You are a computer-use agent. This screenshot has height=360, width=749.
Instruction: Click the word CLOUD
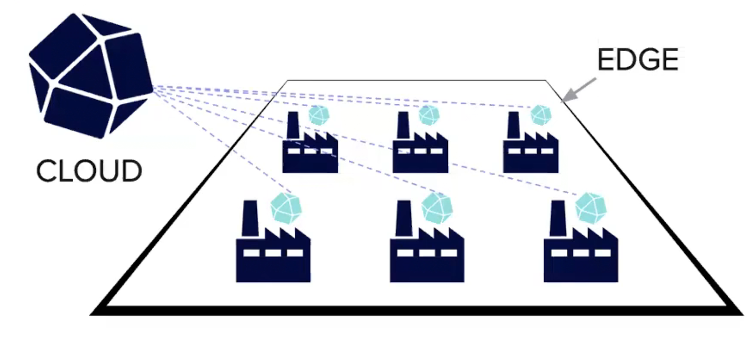89,171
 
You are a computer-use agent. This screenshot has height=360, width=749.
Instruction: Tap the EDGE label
638,60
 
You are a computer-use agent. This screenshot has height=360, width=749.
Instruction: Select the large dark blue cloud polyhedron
90,75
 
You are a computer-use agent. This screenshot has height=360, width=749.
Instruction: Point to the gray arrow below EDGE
579,89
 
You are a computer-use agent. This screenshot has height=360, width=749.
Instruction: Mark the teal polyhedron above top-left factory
319,115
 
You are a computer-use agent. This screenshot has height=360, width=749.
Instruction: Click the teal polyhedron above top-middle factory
429,115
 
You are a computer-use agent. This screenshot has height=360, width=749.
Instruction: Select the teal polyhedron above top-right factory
541,115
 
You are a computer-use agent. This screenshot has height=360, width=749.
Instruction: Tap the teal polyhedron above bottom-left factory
286,207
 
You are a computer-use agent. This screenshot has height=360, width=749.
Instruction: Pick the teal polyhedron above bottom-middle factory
437,207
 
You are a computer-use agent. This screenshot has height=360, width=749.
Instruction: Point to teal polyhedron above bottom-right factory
591,207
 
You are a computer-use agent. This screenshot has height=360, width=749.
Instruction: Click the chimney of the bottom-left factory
250,218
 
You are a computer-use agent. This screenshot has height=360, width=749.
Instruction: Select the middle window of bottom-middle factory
426,253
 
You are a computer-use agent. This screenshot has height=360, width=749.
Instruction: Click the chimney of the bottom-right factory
558,218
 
